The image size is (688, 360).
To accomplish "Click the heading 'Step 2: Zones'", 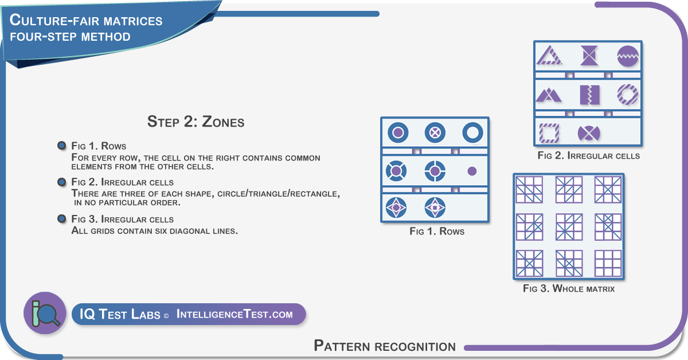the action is [196, 122].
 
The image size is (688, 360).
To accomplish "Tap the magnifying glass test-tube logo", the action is [45, 313].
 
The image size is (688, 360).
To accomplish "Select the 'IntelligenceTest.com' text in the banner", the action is [234, 314].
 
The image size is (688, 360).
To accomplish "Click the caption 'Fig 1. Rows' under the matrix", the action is [437, 231].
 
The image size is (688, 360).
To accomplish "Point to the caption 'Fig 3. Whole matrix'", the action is [569, 288].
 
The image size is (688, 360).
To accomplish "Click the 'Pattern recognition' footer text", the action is [385, 346].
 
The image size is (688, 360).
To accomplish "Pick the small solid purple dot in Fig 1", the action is [472, 171].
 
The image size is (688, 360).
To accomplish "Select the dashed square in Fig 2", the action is [549, 133].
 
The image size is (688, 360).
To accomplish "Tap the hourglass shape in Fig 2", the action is [589, 56].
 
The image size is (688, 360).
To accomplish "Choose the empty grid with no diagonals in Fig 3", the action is [608, 263].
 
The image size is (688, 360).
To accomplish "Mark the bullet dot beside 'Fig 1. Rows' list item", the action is [62, 145].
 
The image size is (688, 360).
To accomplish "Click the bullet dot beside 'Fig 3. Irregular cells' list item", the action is [62, 219].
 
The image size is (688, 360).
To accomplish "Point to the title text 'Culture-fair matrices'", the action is [85, 21].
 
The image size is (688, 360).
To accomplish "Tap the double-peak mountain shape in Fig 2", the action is [549, 95].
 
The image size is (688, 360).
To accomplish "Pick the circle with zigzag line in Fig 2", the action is [628, 56].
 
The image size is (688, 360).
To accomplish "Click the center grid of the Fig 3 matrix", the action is [569, 227].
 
